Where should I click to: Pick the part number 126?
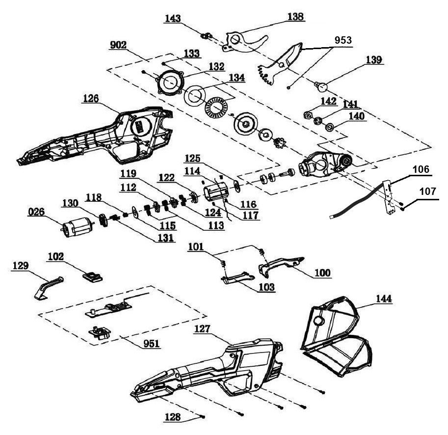click(90, 98)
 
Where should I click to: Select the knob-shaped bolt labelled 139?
click(322, 87)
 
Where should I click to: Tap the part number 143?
click(173, 18)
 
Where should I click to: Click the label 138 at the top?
click(295, 17)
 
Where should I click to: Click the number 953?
click(342, 40)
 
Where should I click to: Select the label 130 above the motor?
click(71, 203)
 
